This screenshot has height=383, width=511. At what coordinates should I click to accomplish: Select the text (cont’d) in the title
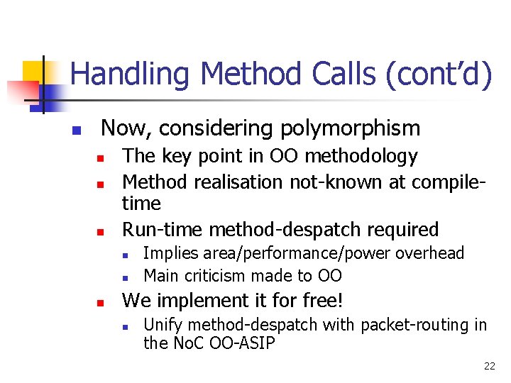point(438,75)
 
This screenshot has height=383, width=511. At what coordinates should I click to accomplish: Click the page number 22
point(489,366)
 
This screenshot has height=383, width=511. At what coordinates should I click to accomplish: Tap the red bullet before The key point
point(101,157)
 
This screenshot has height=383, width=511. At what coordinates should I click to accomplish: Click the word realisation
point(234,182)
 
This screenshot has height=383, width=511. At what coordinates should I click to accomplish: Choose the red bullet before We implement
point(101,303)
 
